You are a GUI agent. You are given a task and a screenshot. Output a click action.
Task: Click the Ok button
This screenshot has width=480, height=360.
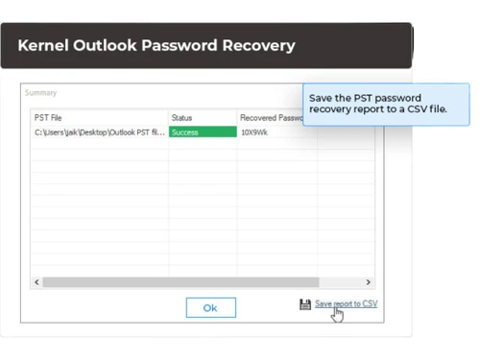[x=210, y=307]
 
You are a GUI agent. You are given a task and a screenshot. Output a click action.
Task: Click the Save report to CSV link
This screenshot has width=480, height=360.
[x=346, y=303]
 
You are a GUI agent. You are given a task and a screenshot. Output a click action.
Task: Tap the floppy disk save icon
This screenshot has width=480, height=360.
[x=305, y=304]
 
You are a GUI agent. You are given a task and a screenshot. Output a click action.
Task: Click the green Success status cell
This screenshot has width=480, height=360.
[x=202, y=132]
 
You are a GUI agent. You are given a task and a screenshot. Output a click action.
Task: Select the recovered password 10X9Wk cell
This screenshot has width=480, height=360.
[x=255, y=132]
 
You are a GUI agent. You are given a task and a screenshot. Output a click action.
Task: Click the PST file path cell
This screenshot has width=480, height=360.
[x=99, y=132]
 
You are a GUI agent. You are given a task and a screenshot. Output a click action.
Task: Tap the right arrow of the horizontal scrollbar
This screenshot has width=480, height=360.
[x=368, y=282]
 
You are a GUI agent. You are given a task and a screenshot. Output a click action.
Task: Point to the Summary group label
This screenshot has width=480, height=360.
[x=41, y=93]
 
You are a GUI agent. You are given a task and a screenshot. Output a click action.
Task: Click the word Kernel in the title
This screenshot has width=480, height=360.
[x=43, y=45]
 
